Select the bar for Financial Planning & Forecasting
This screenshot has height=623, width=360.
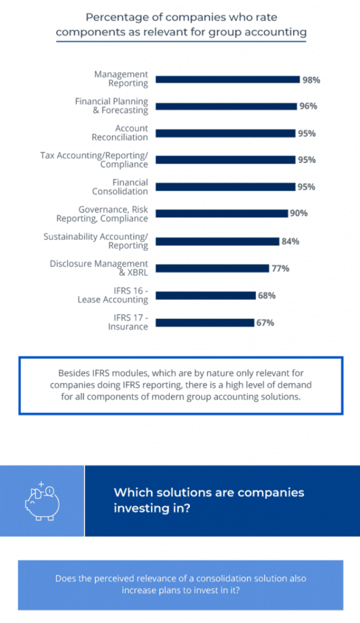pos(226,106)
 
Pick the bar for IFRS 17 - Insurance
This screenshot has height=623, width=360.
pos(205,322)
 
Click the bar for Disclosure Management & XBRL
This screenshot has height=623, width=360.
pos(212,268)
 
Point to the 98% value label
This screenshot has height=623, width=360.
pos(312,79)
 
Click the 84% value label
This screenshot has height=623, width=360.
pos(290,241)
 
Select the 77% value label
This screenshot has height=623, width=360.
pos(280,268)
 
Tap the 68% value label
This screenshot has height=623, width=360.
pos(267,295)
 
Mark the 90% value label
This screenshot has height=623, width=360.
pos(299,214)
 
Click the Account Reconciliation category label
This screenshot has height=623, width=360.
pos(119,133)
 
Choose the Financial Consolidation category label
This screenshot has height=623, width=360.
pos(120,187)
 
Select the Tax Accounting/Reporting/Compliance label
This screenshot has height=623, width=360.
pos(94,159)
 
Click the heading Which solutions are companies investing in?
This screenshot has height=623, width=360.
pos(209,500)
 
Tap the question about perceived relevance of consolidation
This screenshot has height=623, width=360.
pos(181,585)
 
